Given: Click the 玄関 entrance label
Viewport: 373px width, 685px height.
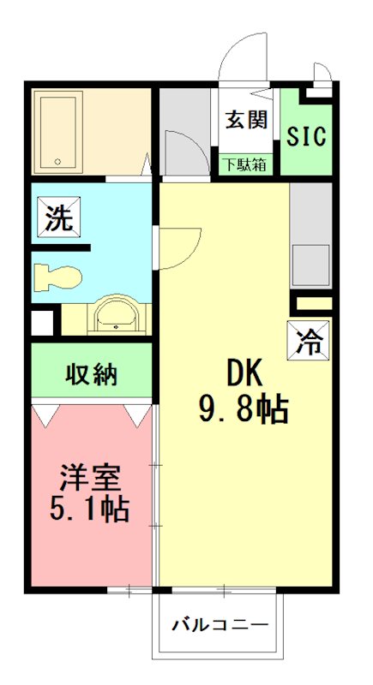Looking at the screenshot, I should [x=247, y=119].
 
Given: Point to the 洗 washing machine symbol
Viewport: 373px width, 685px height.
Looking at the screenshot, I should [x=58, y=218].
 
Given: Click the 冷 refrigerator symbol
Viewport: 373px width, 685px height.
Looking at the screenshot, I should [x=307, y=342].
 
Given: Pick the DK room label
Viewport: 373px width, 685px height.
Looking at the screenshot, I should [x=244, y=372].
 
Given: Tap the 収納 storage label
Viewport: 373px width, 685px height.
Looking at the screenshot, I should [x=93, y=374].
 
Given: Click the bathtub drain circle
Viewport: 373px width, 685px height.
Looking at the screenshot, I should [x=58, y=161].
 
